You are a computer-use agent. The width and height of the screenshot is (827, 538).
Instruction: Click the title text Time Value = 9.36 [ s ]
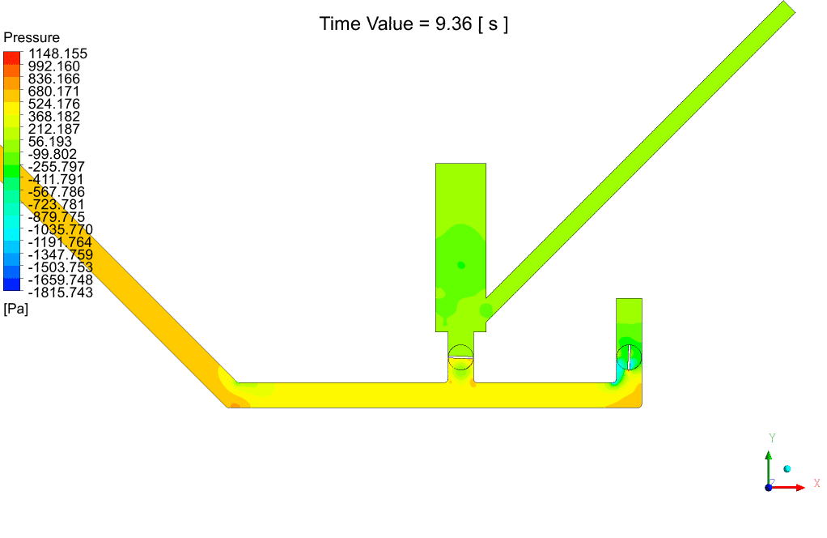click(413, 24)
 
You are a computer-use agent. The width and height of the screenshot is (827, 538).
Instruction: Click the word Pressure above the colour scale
click(32, 37)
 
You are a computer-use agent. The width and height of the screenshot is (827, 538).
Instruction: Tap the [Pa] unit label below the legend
click(16, 309)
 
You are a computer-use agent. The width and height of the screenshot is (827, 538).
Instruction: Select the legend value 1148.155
click(57, 53)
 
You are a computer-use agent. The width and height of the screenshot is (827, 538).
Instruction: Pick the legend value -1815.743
click(60, 292)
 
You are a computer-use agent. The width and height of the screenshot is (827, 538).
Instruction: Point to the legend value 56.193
click(49, 142)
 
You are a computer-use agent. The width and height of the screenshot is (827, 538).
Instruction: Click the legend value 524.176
click(53, 104)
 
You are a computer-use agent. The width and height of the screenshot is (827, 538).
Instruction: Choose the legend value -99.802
click(53, 154)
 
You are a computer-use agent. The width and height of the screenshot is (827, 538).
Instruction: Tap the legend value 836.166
click(53, 79)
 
